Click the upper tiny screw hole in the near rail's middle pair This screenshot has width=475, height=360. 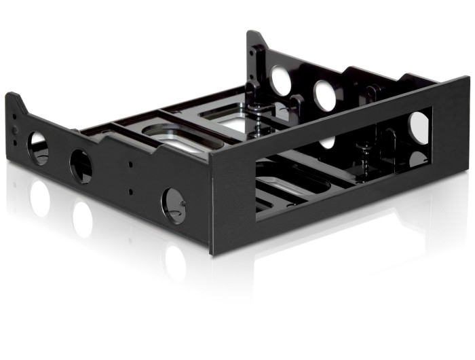130,163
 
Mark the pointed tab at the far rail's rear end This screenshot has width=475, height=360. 254,41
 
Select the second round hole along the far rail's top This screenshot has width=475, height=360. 324,95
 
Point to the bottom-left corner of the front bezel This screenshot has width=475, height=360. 213,253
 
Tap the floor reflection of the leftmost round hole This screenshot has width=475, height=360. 39,197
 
